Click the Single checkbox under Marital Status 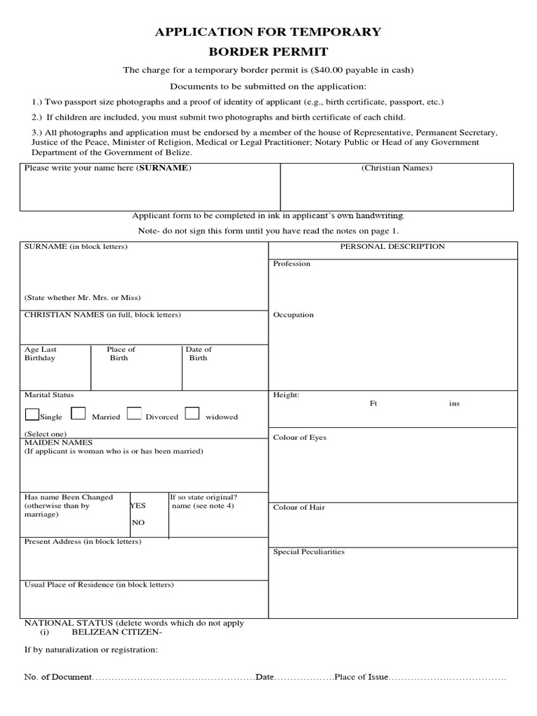tap(32, 414)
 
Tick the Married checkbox tap(79, 414)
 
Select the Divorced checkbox tap(134, 414)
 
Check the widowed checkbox tap(192, 414)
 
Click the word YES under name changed tap(138, 506)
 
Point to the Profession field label tap(292, 264)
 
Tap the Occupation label tap(294, 315)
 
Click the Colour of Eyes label tap(299, 438)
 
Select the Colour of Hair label tap(299, 508)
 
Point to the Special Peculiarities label tap(308, 552)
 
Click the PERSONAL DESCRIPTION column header tap(392, 246)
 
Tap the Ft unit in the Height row tap(373, 403)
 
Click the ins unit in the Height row tap(454, 403)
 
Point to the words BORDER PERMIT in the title tap(268, 51)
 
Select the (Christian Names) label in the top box tap(396, 168)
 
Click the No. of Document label tap(58, 678)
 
